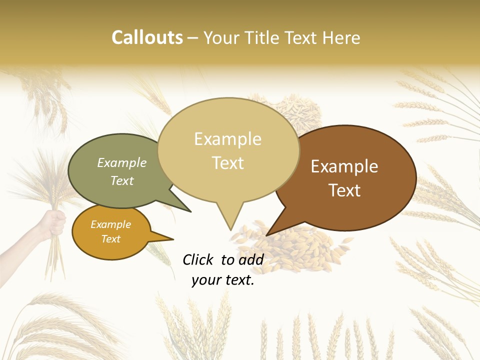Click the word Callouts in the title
coord(147,37)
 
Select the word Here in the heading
coord(341,38)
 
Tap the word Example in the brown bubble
coord(344,166)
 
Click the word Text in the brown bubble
coord(344,190)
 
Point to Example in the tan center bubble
coord(227,139)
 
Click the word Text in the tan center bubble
coord(227,163)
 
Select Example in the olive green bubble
coord(122,163)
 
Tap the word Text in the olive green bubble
coord(122,180)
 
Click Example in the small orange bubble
coord(111,224)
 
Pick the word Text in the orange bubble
coord(111,239)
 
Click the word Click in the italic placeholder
coord(198,259)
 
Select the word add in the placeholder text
coord(250,259)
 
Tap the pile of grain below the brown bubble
coord(295,250)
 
